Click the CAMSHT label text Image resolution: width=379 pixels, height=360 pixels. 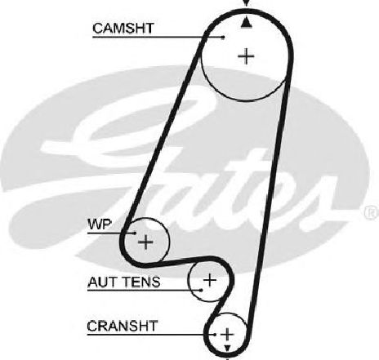[123, 28]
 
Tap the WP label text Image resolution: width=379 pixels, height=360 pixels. [100, 224]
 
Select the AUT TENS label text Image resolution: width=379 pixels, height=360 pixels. [124, 282]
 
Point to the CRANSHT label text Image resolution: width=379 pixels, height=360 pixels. [123, 326]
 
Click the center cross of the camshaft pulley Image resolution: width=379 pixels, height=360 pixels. [246, 56]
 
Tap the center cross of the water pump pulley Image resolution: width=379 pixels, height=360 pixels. [145, 242]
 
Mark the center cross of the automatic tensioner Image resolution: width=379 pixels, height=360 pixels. [210, 280]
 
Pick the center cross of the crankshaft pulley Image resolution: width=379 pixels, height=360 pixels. [227, 334]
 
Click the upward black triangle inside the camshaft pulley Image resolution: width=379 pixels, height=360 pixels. [246, 22]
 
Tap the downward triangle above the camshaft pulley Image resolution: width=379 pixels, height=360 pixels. [246, 3]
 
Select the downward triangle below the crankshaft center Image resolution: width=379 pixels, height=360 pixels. [227, 349]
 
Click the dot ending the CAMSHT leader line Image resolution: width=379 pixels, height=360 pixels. [223, 37]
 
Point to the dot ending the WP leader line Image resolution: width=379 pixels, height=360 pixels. [135, 233]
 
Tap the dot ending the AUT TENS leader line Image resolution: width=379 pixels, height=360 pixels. [201, 290]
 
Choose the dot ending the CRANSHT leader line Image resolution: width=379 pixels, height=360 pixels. [215, 335]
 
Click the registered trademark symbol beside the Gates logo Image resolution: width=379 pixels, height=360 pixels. [372, 212]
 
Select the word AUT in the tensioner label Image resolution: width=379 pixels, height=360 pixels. [102, 282]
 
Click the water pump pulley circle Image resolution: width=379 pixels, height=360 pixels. [169, 242]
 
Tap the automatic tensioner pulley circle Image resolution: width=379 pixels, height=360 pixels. [188, 280]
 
